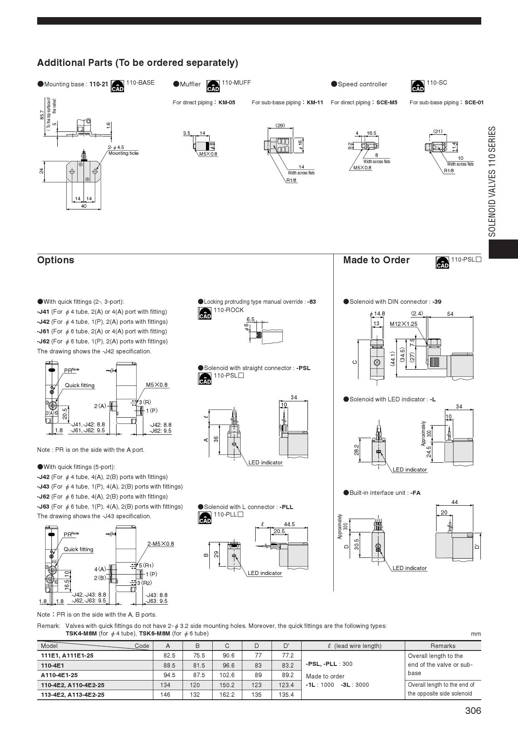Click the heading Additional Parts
137,63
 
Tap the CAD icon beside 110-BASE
117,86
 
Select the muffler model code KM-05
227,102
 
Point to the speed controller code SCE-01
474,102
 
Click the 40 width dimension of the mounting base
84,206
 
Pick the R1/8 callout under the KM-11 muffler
291,180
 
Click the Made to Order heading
376,260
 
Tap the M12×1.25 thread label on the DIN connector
404,324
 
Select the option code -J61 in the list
43,331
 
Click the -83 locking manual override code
312,302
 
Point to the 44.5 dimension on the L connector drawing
289,524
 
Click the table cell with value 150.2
227,685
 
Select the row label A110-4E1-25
59,675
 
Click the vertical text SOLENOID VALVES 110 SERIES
492,181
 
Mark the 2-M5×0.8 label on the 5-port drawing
160,544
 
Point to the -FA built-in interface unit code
415,493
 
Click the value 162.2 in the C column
227,695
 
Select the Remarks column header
443,646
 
